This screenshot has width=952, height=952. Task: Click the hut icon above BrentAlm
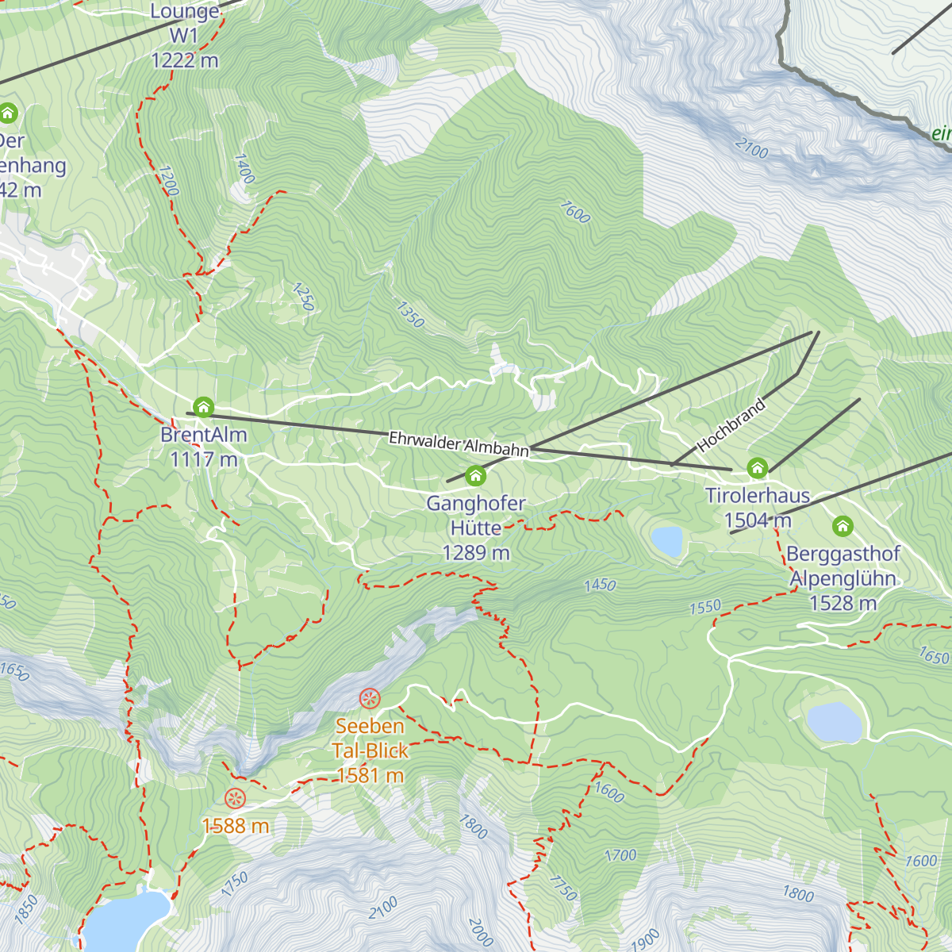[203, 408]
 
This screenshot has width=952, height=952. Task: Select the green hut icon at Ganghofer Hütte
[475, 475]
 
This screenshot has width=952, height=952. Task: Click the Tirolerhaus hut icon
[758, 467]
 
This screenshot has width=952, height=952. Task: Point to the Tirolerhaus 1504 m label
[758, 508]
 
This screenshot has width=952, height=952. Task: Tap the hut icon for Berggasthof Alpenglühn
[843, 525]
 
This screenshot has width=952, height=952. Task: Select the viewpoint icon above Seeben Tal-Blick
[370, 698]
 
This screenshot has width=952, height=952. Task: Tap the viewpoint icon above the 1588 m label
[235, 799]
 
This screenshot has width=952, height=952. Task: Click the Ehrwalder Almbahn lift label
[459, 444]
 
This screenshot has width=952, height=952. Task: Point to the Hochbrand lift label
[731, 426]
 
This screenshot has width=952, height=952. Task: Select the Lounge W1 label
[184, 36]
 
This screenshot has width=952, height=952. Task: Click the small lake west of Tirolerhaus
[666, 541]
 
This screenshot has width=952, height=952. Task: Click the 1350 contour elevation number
[410, 315]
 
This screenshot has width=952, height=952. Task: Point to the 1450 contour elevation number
[600, 585]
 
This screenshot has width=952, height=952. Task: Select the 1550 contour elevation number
[704, 608]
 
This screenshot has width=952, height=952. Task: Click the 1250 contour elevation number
[303, 297]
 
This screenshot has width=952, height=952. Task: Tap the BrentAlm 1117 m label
[203, 447]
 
